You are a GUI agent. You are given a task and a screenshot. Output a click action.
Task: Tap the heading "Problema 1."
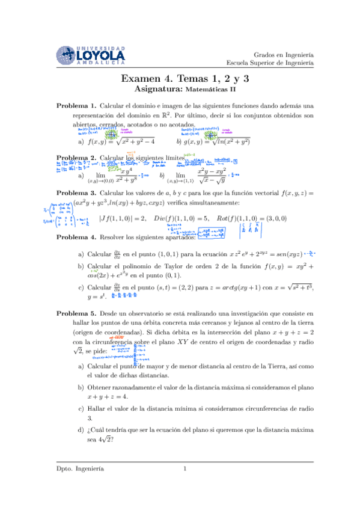tap(76, 105)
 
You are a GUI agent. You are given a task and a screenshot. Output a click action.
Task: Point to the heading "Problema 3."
tap(76, 194)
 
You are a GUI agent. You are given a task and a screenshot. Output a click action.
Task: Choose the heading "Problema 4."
tap(76, 238)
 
